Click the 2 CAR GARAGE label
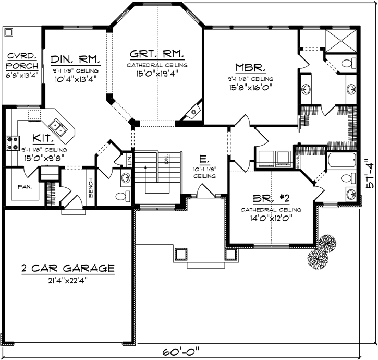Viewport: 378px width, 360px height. pyautogui.click(x=68, y=269)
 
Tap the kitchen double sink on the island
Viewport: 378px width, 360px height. pyautogui.click(x=57, y=125)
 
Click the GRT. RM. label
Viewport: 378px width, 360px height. pyautogui.click(x=158, y=54)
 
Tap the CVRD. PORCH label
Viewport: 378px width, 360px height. pyautogui.click(x=21, y=62)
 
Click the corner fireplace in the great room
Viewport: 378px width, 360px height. pyautogui.click(x=194, y=111)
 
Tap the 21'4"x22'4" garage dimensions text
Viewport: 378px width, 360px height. pyautogui.click(x=68, y=280)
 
